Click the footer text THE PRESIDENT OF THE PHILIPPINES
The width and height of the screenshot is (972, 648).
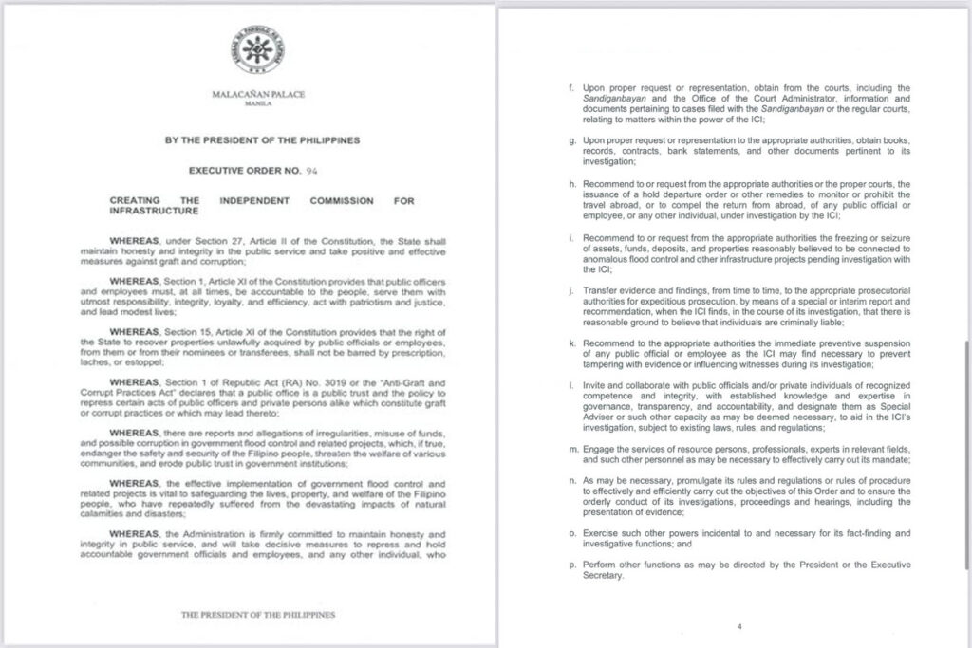(258, 615)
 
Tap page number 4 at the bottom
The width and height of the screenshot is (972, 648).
(738, 626)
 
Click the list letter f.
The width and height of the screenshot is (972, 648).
(571, 88)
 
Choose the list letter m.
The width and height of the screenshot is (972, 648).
(571, 446)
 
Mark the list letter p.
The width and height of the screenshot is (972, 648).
(571, 565)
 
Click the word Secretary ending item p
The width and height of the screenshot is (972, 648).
(605, 577)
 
